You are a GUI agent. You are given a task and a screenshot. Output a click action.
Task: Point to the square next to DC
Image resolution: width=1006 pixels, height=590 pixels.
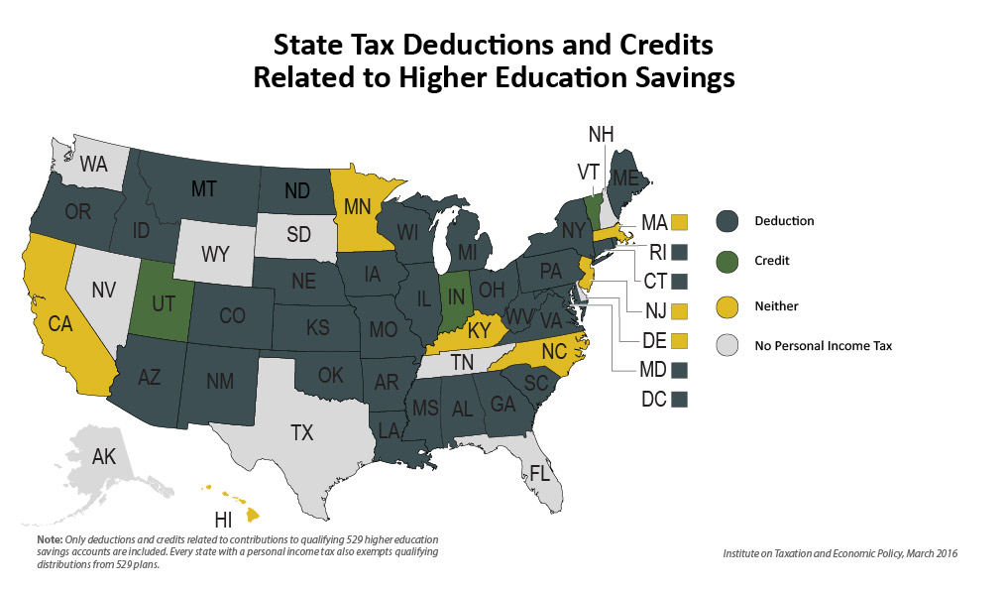coord(679,400)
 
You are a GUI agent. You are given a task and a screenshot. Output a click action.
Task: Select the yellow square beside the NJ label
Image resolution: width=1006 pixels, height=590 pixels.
coord(679,310)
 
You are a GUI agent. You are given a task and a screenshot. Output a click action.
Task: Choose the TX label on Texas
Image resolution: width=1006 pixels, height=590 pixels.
coord(301,432)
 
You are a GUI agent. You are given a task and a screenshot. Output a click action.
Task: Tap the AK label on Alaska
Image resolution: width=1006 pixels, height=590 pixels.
coord(104,457)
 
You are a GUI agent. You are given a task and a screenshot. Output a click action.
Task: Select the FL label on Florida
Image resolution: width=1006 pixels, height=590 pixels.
coord(539,473)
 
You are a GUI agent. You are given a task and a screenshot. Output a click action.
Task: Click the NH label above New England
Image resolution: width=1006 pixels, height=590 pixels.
coord(602,134)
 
